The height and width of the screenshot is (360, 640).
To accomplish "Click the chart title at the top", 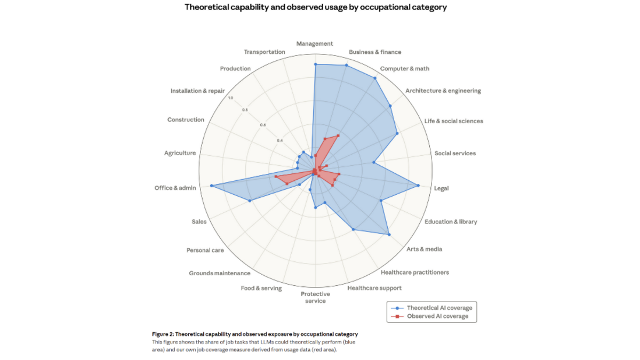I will pyautogui.click(x=315, y=8).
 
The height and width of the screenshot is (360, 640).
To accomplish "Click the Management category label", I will pyautogui.click(x=315, y=44).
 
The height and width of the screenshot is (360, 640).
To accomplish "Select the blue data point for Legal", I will pyautogui.click(x=418, y=186).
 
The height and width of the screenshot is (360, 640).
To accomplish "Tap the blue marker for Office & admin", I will pyautogui.click(x=212, y=186).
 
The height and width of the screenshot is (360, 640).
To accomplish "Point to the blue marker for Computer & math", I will pyautogui.click(x=375, y=78).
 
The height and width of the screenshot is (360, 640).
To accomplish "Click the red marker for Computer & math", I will pyautogui.click(x=338, y=135).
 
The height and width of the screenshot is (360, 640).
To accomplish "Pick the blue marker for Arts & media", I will pyautogui.click(x=389, y=235).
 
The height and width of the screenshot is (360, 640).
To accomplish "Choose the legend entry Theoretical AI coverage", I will pyautogui.click(x=439, y=308).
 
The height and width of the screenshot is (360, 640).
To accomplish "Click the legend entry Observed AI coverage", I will pyautogui.click(x=437, y=316).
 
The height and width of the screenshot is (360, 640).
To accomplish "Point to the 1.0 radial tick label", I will pyautogui.click(x=230, y=98).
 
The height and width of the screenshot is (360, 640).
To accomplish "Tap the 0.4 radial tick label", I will pyautogui.click(x=279, y=141).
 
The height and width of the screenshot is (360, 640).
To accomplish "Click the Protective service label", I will pyautogui.click(x=315, y=297).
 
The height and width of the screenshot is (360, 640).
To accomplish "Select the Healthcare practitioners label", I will pyautogui.click(x=415, y=273).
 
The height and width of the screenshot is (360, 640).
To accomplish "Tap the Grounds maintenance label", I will pyautogui.click(x=219, y=274).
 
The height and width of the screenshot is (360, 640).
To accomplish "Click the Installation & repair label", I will pyautogui.click(x=197, y=91).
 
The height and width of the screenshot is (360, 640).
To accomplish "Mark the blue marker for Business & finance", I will pyautogui.click(x=346, y=65).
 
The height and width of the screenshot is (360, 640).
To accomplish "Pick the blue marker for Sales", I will pyautogui.click(x=249, y=201).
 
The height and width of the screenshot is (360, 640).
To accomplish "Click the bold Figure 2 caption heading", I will pyautogui.click(x=255, y=334).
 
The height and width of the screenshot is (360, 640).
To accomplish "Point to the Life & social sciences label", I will pyautogui.click(x=453, y=121).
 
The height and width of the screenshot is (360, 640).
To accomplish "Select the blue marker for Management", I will pyautogui.click(x=315, y=64).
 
